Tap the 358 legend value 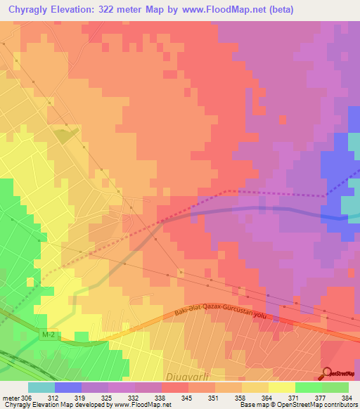(x=241, y=397)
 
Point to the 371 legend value (x=295, y=397)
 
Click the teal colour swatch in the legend (x=41, y=387)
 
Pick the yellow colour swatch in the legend (x=282, y=387)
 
